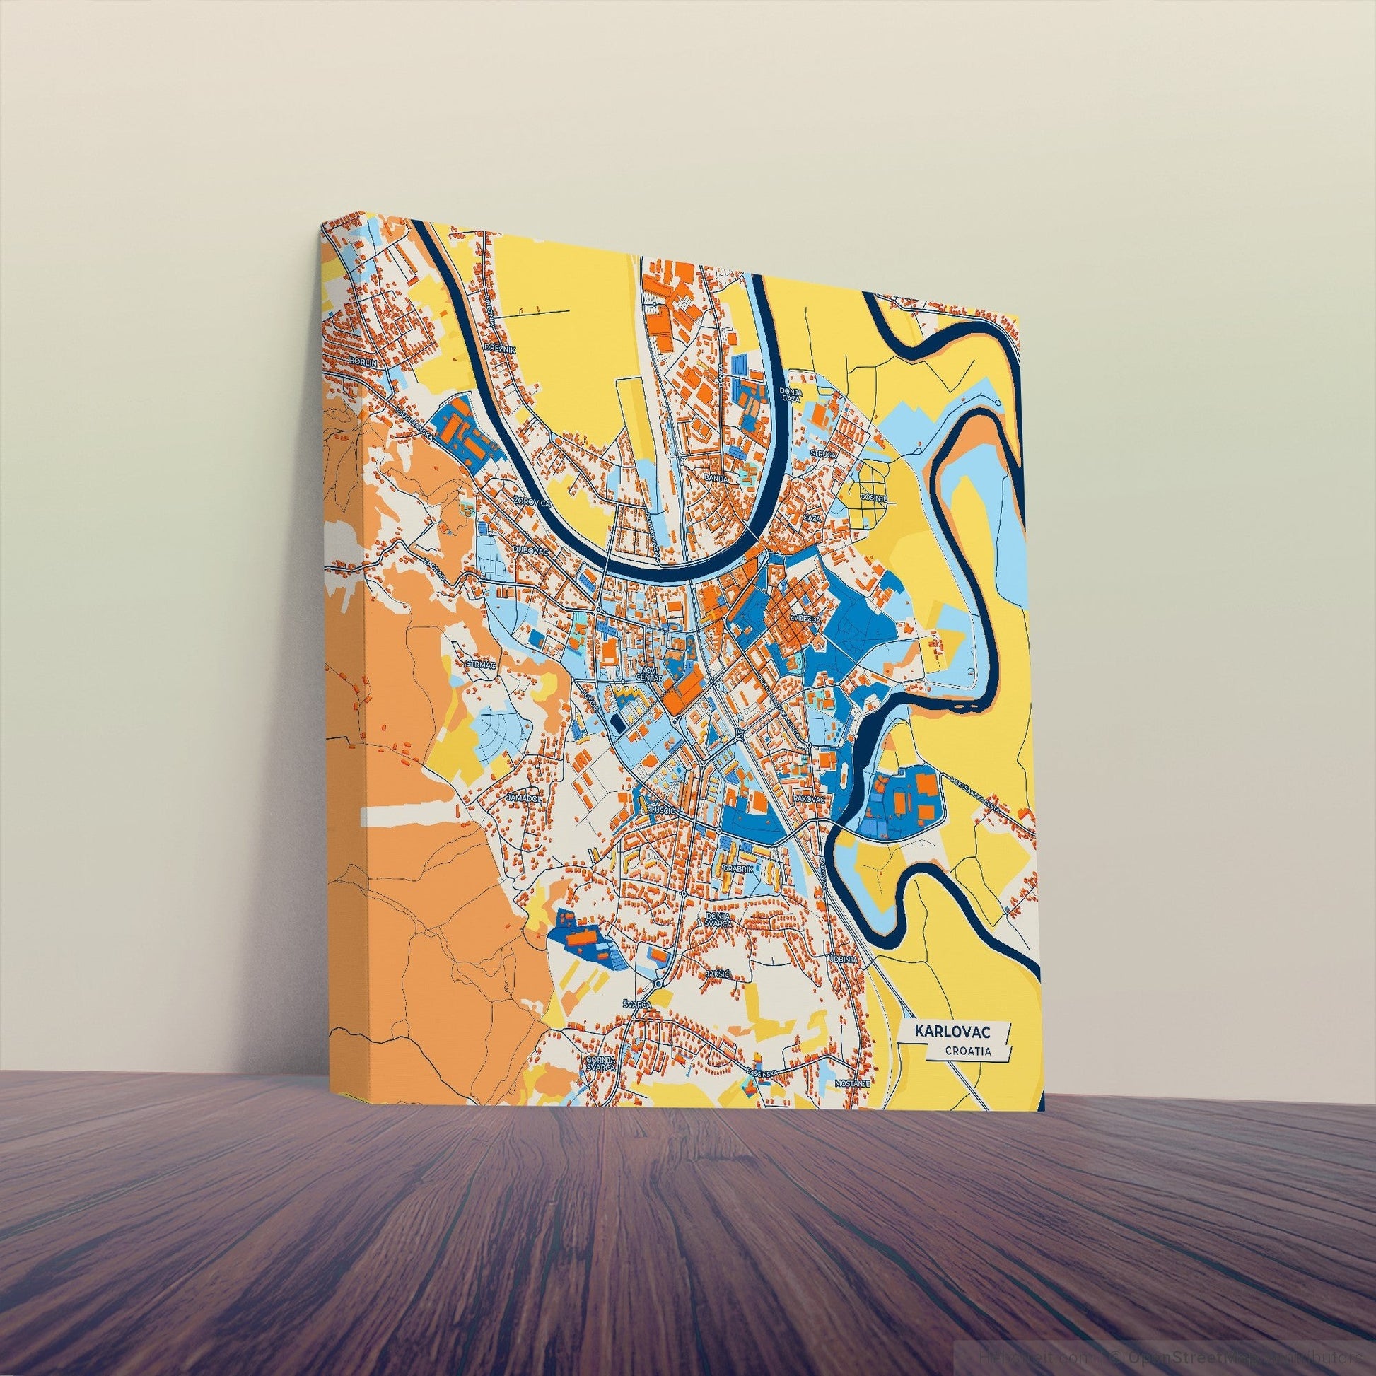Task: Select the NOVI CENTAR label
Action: point(651,675)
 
